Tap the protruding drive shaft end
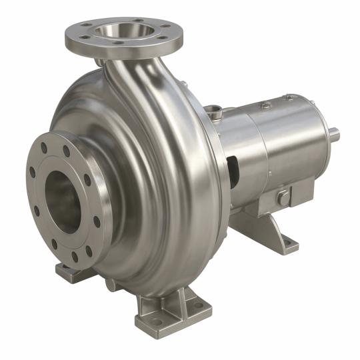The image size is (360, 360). click(333, 135)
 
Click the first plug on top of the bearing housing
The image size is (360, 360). click(266, 105)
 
